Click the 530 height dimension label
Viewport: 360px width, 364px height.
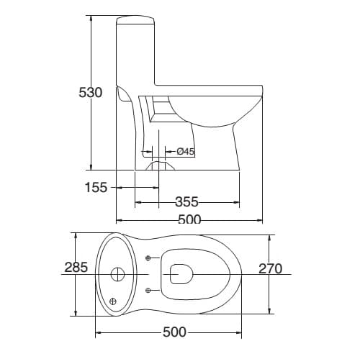(x=91, y=93)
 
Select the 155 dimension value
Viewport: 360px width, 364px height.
(x=95, y=188)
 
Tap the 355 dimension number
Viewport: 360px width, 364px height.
(x=186, y=202)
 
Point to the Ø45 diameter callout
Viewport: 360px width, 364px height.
(x=186, y=152)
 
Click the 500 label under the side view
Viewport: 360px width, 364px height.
(x=189, y=220)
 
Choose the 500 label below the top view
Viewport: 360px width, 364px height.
(x=174, y=332)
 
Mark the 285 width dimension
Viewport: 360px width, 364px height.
(x=76, y=268)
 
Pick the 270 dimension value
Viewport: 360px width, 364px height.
(x=271, y=269)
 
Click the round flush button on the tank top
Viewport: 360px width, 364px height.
(x=118, y=273)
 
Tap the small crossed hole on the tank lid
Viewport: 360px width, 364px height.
(x=113, y=301)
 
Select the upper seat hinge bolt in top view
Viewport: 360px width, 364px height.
(x=148, y=258)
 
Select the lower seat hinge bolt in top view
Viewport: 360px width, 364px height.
(x=148, y=290)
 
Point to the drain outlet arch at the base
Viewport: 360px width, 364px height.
(x=161, y=165)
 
